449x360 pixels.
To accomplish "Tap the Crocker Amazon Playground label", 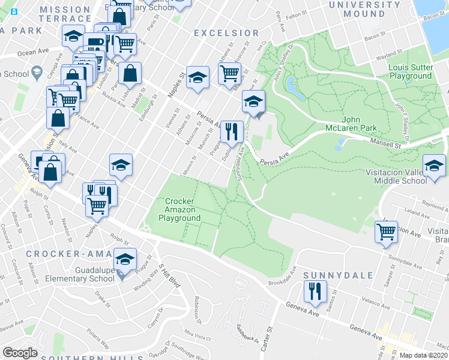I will coord(179,209).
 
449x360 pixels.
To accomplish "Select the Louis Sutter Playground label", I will coord(410,71).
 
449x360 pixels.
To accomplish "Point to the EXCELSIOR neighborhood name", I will coord(227,33).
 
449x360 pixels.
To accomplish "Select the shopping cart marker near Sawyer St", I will coord(386,231).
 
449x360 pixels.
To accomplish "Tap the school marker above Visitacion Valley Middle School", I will coord(433,166).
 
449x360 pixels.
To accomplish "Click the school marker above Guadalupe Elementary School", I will coord(125,259).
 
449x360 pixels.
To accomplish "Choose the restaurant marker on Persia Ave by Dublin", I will coord(231,131).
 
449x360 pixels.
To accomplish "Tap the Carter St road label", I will coord(268,336).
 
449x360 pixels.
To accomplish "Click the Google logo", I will coord(20,353).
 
